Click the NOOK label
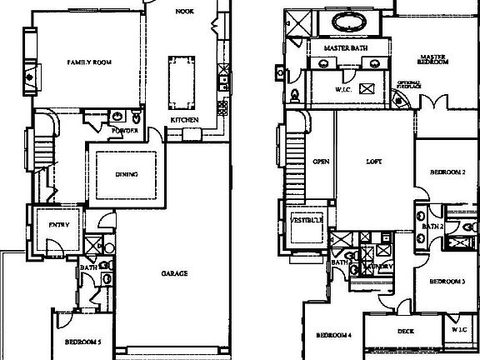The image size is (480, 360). click(184, 12)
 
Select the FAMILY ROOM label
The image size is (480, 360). click(89, 62)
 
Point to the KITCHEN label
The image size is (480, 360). click(184, 121)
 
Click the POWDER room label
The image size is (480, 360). click(124, 131)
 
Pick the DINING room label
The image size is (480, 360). click(127, 174)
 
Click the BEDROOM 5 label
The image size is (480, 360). click(83, 342)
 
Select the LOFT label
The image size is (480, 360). click(374, 161)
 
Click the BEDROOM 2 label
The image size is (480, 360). click(447, 172)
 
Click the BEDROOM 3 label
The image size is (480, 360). click(447, 282)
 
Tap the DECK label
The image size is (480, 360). click(406, 331)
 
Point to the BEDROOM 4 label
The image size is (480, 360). click(333, 336)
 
